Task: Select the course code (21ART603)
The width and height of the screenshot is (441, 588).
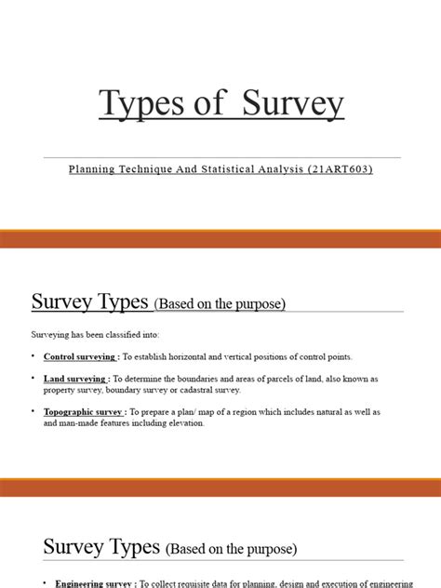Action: coord(338,170)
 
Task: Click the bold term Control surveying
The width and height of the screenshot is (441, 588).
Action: coord(80,356)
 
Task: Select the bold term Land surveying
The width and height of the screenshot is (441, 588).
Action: coord(75,380)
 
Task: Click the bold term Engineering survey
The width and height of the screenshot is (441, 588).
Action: coord(93,583)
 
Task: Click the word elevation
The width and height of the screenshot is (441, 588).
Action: coord(186,422)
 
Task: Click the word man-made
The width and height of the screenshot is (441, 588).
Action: coord(71,422)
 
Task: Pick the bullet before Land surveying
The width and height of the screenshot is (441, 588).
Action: coord(33,379)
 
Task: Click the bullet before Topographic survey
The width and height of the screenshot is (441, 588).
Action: coord(33,411)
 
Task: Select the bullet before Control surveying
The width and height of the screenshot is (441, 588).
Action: coord(33,355)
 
